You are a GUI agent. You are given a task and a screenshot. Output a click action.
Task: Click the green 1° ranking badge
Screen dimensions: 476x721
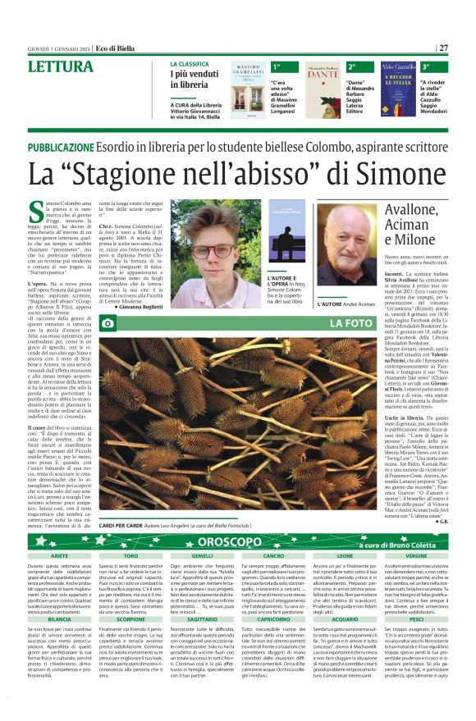[x=277, y=66]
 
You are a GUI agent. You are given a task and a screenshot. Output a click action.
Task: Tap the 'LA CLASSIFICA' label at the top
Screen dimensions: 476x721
[x=194, y=63]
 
